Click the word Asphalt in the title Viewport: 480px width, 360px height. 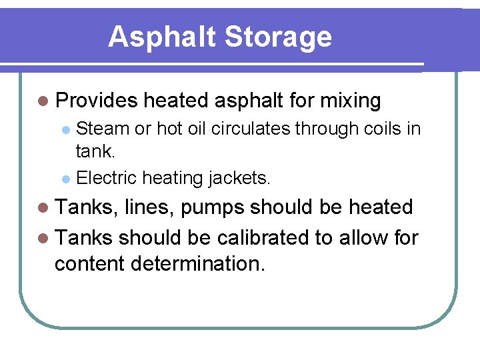click(161, 37)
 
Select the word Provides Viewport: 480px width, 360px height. click(97, 101)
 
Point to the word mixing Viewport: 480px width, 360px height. click(351, 101)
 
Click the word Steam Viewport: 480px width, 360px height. click(103, 127)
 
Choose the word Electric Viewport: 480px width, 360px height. click(107, 178)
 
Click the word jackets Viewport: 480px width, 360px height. click(239, 179)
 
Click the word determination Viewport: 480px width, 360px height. click(198, 263)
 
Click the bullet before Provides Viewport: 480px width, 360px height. click(43, 101)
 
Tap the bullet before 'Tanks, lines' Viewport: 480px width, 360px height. click(43, 208)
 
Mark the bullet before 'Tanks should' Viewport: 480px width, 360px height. click(43, 237)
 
